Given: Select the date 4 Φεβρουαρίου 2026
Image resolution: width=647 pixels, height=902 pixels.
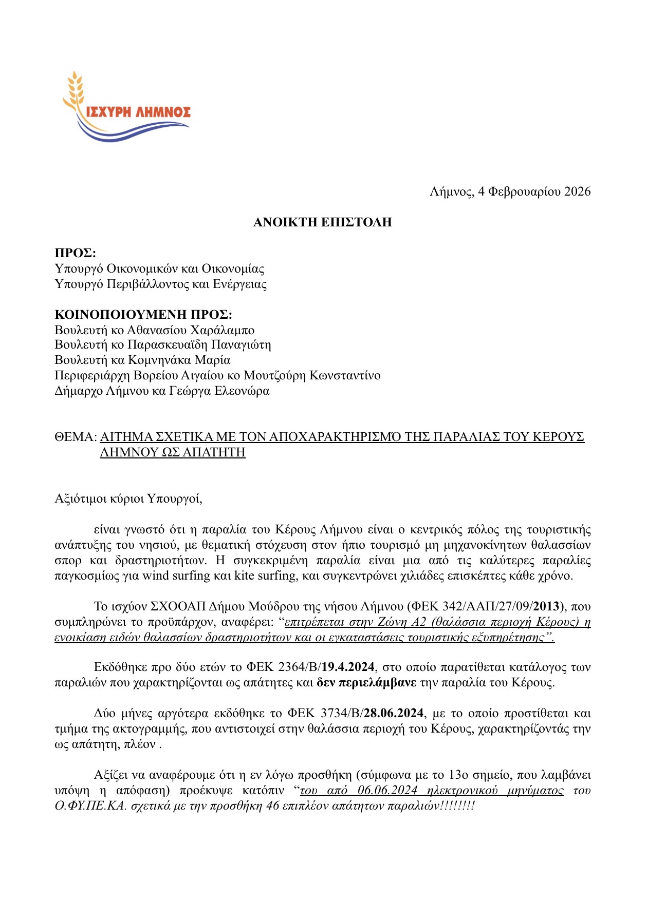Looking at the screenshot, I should click(x=534, y=192).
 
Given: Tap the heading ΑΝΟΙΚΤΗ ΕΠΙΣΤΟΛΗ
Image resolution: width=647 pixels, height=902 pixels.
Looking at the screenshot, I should click(x=322, y=222).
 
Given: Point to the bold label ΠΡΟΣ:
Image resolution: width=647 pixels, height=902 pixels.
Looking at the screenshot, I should click(x=75, y=253).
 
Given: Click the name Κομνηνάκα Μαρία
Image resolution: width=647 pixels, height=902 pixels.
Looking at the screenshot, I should click(x=179, y=360).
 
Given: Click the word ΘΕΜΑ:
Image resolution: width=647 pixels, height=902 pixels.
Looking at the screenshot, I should click(x=76, y=437).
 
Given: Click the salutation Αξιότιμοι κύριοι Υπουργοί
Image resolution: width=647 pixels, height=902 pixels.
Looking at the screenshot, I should click(x=128, y=498).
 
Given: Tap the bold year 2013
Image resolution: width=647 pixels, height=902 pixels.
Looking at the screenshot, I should click(x=546, y=607).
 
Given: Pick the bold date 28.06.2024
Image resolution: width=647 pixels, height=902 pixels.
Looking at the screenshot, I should click(x=394, y=714).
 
